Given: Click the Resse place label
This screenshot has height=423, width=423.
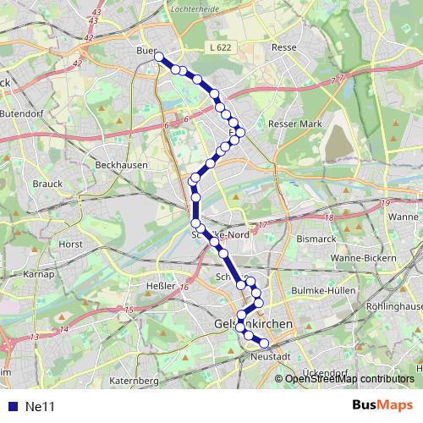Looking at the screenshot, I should click(283, 48).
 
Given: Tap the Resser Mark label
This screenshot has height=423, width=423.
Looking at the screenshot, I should click(295, 124).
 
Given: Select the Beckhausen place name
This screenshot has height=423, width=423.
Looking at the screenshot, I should click(122, 165).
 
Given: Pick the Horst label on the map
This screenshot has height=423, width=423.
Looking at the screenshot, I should click(70, 243).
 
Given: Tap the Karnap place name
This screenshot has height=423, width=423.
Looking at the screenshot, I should click(39, 274).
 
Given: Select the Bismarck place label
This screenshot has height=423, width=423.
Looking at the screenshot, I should click(316, 239).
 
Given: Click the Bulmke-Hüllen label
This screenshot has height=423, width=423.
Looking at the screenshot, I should click(321, 290).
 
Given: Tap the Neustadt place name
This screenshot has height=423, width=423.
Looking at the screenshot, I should click(271, 356).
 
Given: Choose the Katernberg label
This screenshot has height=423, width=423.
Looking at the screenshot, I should click(134, 381).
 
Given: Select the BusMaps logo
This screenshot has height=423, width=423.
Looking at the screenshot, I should click(383, 406).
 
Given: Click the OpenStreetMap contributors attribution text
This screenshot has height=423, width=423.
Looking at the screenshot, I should click(349, 378).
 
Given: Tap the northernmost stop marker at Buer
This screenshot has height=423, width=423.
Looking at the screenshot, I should click(158, 56).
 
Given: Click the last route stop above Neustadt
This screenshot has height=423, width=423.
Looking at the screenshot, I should click(264, 343).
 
